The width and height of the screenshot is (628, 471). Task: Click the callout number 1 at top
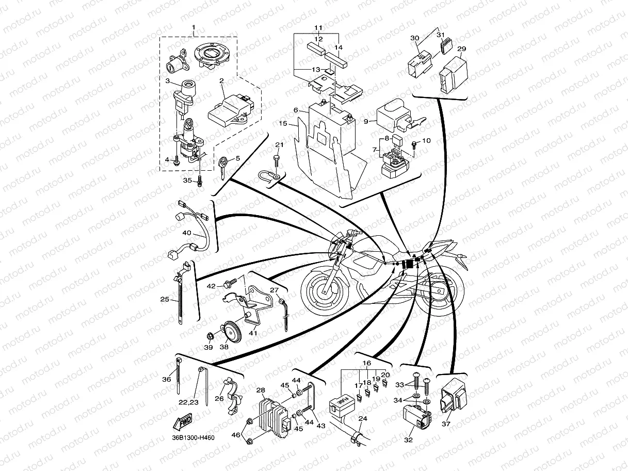(x=194, y=27)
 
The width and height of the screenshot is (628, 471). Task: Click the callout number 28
(x=261, y=390)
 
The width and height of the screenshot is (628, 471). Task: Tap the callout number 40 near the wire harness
(x=186, y=233)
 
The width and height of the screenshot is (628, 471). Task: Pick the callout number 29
(x=462, y=49)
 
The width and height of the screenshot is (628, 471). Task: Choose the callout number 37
(x=446, y=424)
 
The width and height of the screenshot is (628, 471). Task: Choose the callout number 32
(x=409, y=440)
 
